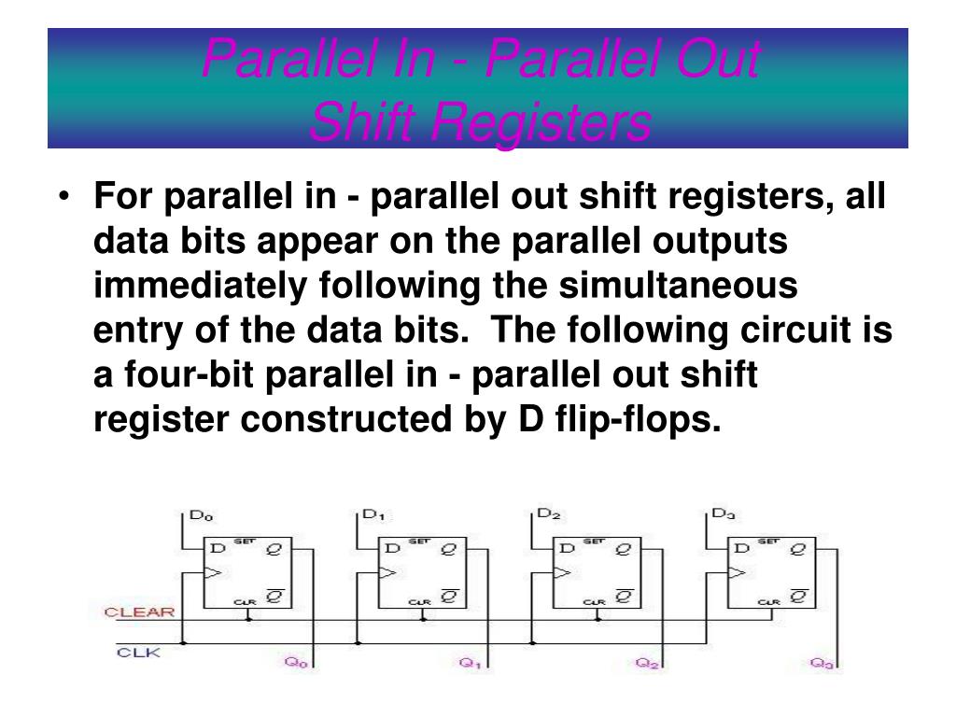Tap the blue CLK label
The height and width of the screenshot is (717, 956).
pos(138,653)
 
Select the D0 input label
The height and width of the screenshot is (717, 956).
pos(202,514)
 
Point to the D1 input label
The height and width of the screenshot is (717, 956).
pos(373,514)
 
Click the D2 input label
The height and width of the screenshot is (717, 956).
pos(549,514)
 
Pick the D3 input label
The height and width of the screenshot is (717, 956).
pos(724,514)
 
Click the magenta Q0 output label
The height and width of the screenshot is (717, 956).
pos(295,663)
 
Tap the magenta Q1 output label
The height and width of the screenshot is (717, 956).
pos(470,663)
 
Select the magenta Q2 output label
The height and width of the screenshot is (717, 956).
pos(645,663)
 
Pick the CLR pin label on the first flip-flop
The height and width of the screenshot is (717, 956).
pos(245,602)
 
